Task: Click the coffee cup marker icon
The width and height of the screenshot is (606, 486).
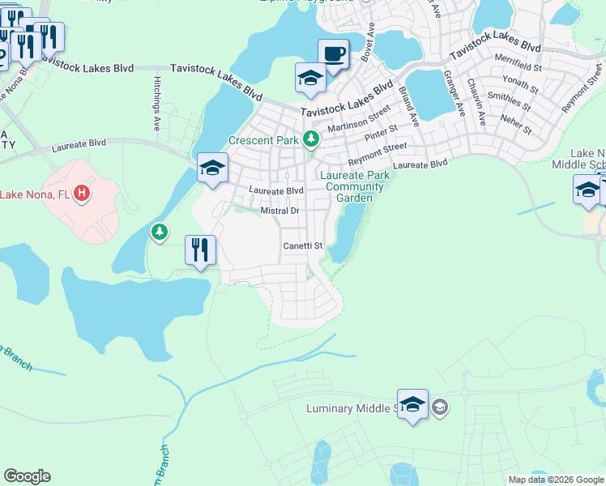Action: click(333, 54)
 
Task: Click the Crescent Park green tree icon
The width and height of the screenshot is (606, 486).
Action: click(309, 140)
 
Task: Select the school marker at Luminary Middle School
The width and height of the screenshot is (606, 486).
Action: click(412, 403)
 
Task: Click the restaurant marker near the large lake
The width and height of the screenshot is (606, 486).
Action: click(200, 249)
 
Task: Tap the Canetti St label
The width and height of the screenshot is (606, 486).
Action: click(302, 245)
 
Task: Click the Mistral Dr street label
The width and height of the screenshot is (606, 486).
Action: click(280, 211)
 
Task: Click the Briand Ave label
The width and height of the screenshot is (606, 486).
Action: click(408, 106)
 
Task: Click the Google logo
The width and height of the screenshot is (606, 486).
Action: click(27, 476)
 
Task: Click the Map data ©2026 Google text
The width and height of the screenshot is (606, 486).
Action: click(555, 480)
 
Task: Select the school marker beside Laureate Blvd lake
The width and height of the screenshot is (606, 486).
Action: click(213, 168)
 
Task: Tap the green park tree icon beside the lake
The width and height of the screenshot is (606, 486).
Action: click(160, 233)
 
